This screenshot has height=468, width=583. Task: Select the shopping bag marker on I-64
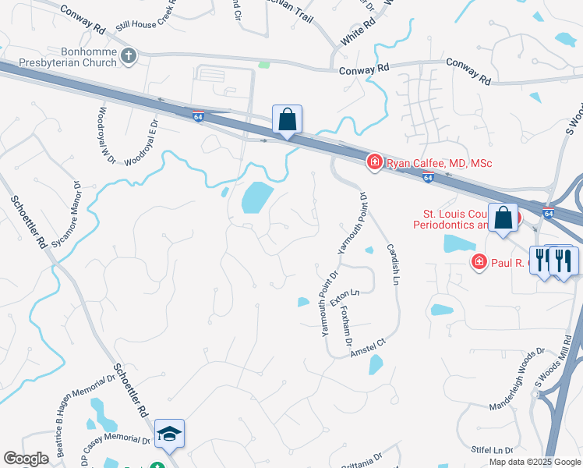coord(288,121)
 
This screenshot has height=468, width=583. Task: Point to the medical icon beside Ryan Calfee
coord(374,162)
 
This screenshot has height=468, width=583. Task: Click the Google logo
coord(26,459)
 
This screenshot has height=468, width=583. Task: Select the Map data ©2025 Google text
coord(535,462)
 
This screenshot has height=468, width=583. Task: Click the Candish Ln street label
coord(392,263)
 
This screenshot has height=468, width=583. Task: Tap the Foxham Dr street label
coord(348,326)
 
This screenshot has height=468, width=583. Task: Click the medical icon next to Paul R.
coord(479,262)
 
